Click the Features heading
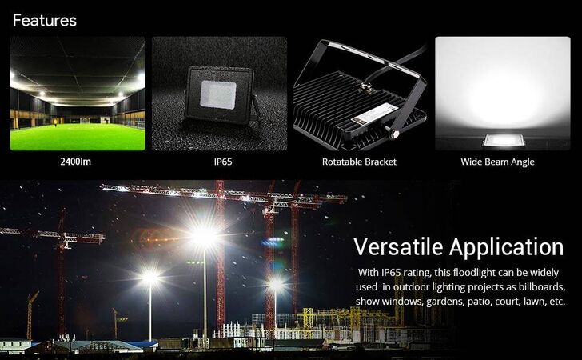45,21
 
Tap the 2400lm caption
76,162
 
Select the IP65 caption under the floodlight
223,162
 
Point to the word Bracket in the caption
381,162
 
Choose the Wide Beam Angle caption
498,162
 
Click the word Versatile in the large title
398,247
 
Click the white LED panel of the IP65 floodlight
218,94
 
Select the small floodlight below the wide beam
504,141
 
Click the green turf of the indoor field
78,137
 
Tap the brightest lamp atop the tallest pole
204,235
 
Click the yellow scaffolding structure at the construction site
349,319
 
